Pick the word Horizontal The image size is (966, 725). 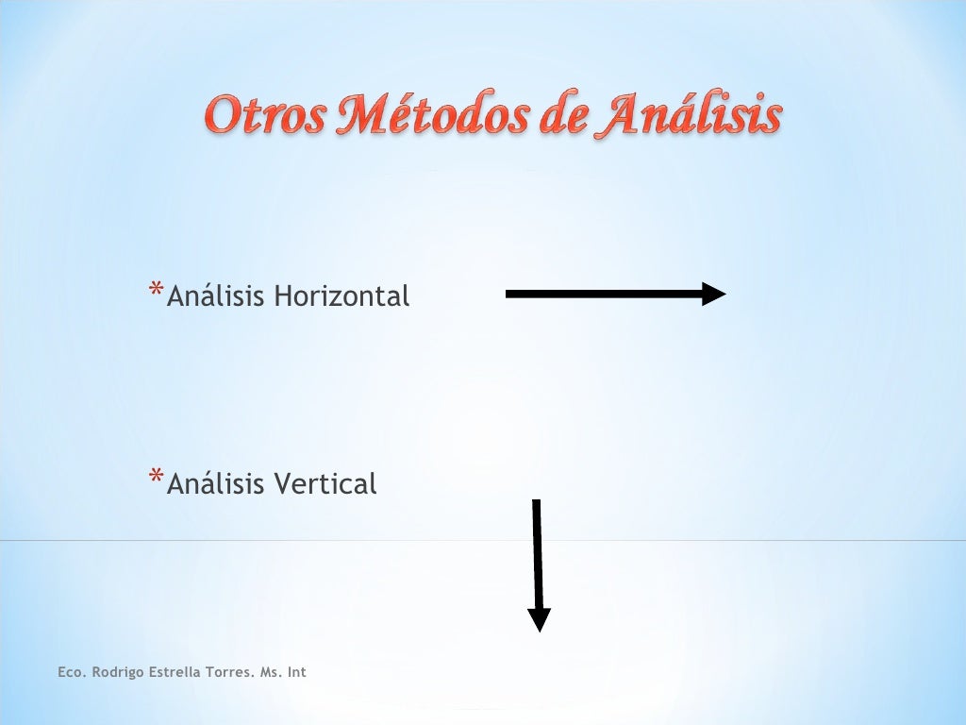coord(341,296)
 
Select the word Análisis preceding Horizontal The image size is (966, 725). coord(216,296)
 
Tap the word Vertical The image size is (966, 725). coord(325,484)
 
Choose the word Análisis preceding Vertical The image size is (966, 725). coord(216,484)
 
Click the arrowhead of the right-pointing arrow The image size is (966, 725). coord(714,295)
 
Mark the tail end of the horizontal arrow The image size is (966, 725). coord(510,295)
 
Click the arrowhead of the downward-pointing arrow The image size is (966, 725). coord(539,620)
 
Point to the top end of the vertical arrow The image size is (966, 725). coord(536,503)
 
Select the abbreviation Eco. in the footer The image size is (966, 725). coord(71,672)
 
